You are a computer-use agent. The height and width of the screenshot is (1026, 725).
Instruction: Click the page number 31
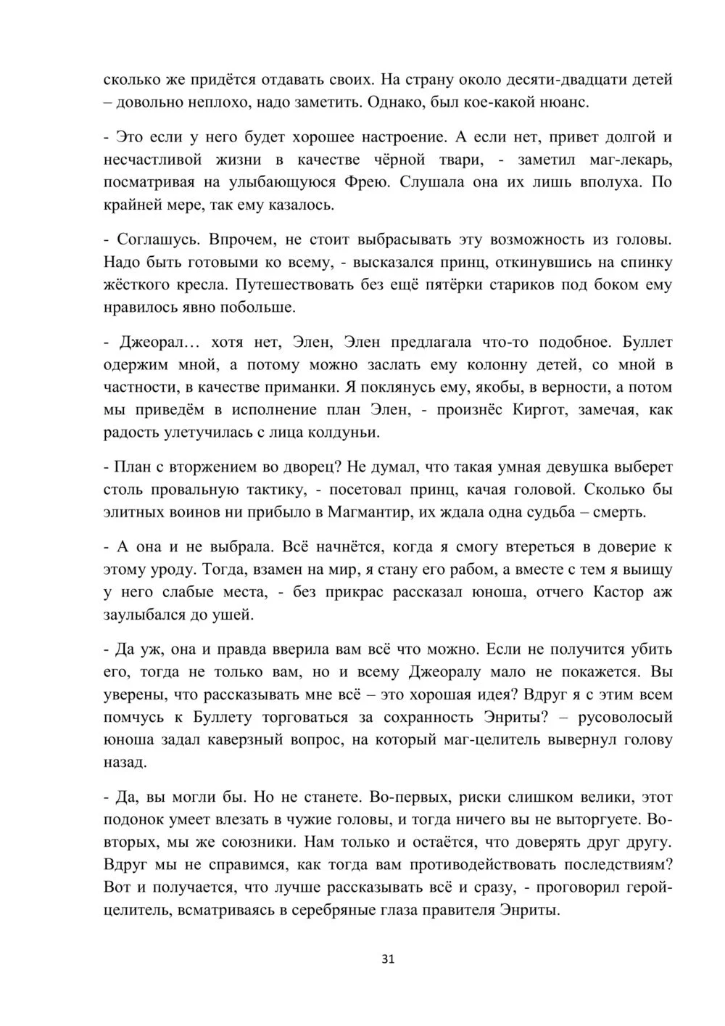point(387,959)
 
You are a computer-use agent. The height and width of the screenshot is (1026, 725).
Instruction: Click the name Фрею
point(374,181)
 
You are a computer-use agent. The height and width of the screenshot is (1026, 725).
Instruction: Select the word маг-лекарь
point(628,159)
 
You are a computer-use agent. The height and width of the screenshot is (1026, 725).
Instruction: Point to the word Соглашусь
point(153,239)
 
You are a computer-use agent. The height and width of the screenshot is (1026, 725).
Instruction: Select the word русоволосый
point(624,717)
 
